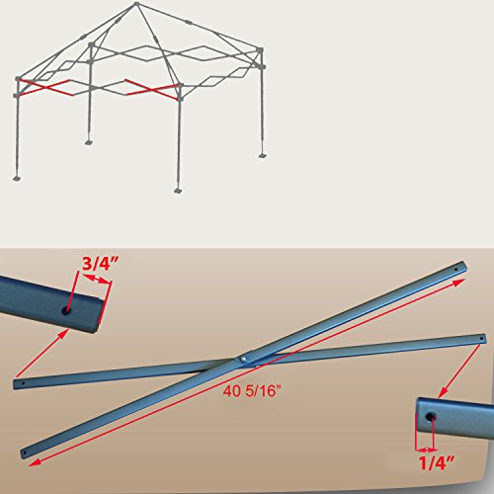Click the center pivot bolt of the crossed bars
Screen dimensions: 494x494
[244, 358]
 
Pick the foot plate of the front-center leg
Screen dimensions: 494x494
[178, 190]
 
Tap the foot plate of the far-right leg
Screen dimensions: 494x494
[263, 152]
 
